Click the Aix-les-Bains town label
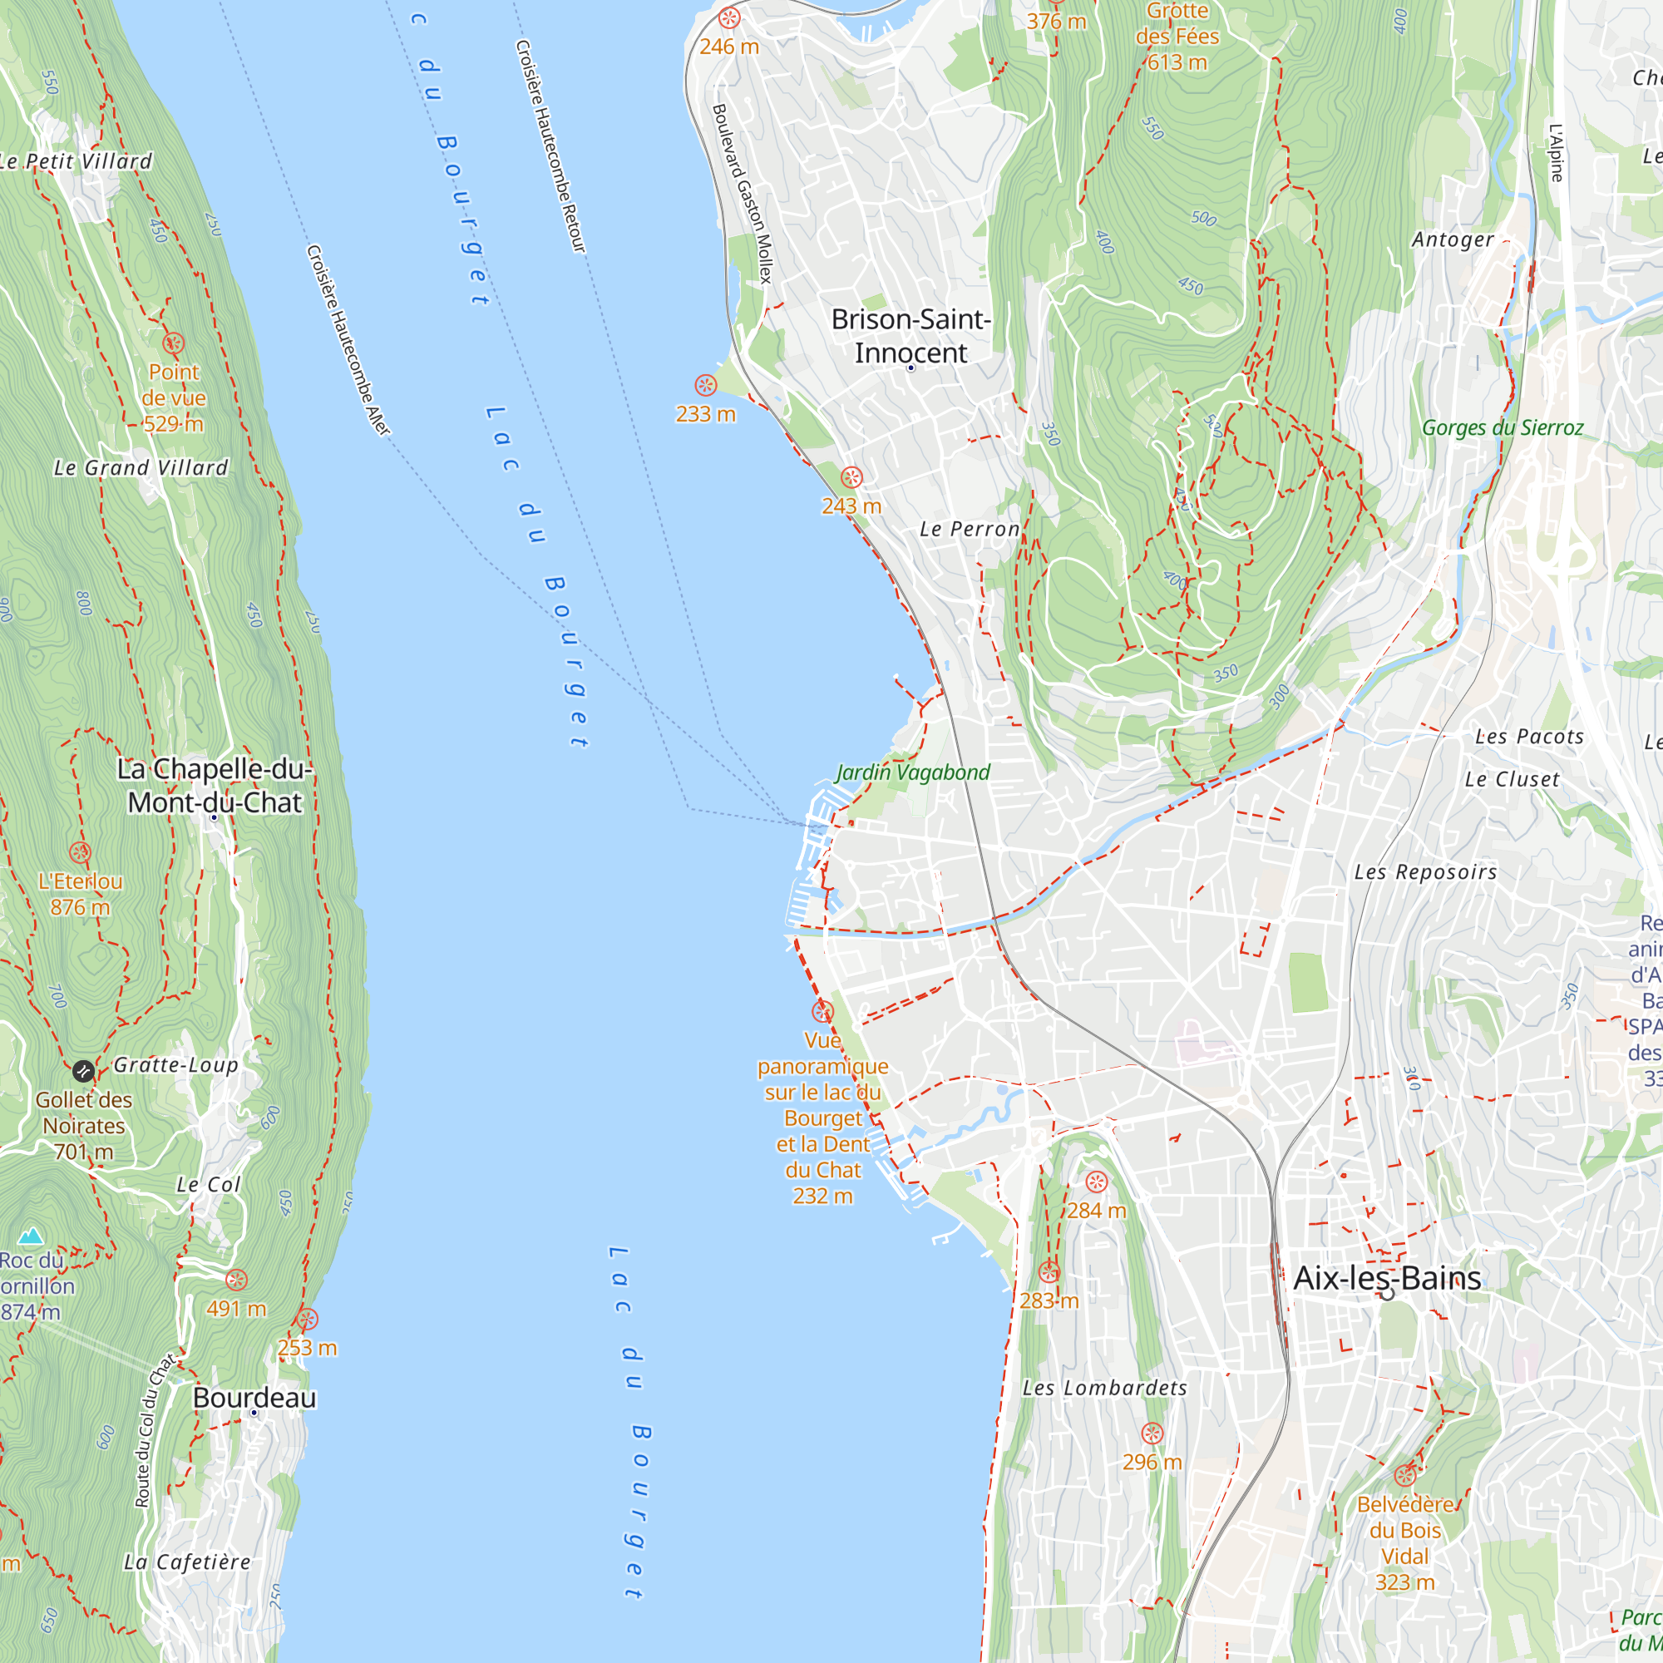[1387, 1277]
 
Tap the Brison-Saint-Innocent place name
[910, 336]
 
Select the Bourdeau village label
[254, 1397]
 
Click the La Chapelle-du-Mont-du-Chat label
[215, 785]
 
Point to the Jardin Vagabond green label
[912, 772]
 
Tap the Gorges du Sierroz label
[1502, 427]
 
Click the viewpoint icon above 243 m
[851, 476]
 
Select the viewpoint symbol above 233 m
[705, 385]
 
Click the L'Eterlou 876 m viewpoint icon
[80, 852]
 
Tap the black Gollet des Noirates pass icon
[83, 1071]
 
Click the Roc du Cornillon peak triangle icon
[31, 1236]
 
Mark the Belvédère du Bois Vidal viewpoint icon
[1404, 1475]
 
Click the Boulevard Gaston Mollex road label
[742, 194]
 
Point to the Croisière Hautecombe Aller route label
[348, 340]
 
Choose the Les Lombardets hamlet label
[1104, 1388]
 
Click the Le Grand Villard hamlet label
[141, 467]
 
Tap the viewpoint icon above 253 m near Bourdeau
[308, 1319]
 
